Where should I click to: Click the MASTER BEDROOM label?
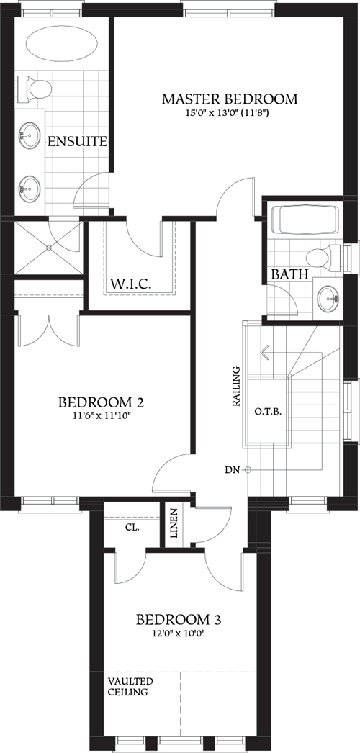pyautogui.click(x=230, y=99)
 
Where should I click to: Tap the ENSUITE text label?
pyautogui.click(x=77, y=141)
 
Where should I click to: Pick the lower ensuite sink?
pyautogui.click(x=30, y=189)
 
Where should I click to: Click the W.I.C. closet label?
pyautogui.click(x=130, y=284)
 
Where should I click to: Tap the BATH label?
pyautogui.click(x=290, y=274)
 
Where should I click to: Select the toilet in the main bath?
pyautogui.click(x=322, y=256)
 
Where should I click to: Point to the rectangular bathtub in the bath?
pyautogui.click(x=304, y=220)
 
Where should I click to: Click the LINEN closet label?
pyautogui.click(x=173, y=524)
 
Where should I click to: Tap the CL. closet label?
pyautogui.click(x=131, y=527)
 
